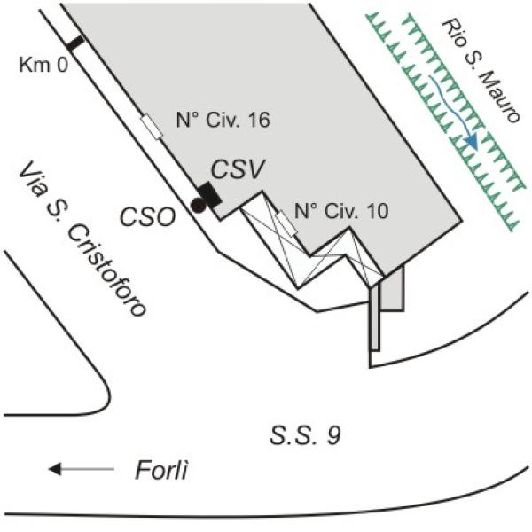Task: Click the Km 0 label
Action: (43, 65)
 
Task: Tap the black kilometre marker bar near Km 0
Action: (75, 43)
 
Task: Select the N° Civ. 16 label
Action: (223, 120)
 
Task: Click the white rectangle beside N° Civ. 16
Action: (152, 127)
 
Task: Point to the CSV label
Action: (238, 169)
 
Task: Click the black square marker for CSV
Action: (209, 195)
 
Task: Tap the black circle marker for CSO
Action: (198, 205)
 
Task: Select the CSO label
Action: (148, 217)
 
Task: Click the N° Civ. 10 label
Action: (341, 211)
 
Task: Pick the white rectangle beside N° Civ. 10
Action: (287, 223)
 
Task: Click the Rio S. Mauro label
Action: (481, 71)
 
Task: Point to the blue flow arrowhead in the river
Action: (473, 142)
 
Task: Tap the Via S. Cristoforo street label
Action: (82, 239)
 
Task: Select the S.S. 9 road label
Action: (305, 435)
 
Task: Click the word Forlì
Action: (161, 470)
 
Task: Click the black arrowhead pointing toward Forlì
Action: (55, 469)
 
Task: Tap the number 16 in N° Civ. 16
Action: (259, 120)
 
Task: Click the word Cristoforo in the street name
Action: (107, 270)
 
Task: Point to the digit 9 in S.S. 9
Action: (334, 435)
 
